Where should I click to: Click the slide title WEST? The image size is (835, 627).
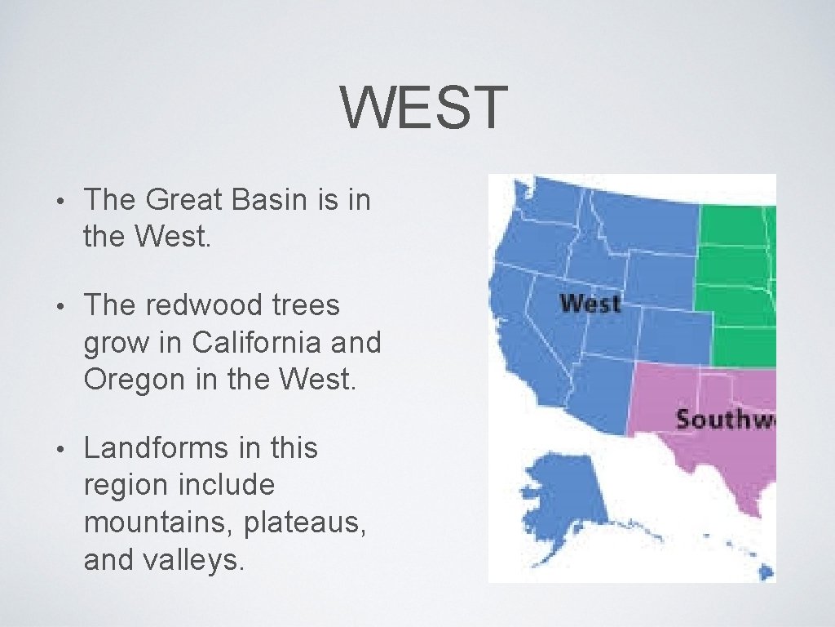pos(423,109)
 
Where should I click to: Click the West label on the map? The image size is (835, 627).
pos(590,304)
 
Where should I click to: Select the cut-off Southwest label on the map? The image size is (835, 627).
pos(724,420)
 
